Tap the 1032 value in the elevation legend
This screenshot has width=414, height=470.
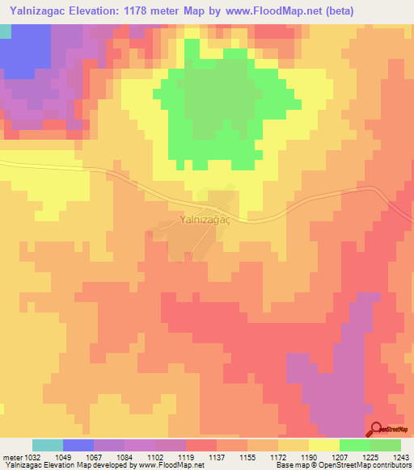(x=30, y=456)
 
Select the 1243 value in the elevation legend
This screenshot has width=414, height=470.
(x=401, y=456)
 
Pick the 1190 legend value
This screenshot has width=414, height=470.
(x=309, y=456)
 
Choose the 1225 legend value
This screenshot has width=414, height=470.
(x=370, y=456)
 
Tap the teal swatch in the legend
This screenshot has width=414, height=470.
(x=48, y=445)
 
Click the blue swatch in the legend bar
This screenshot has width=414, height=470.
(x=78, y=445)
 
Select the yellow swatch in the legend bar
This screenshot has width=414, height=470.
(x=323, y=445)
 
